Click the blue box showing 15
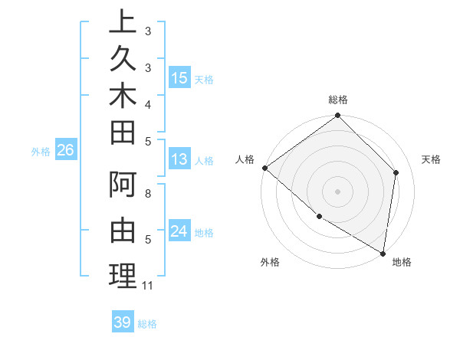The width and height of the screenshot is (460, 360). (179, 78)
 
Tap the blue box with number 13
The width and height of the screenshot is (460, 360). (179, 159)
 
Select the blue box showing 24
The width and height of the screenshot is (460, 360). (179, 231)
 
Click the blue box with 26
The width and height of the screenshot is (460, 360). (65, 151)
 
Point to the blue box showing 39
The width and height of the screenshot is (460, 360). (122, 322)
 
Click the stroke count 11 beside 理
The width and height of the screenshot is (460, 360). (148, 286)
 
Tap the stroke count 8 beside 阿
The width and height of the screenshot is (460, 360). (148, 193)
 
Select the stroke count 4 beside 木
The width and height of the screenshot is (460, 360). (148, 104)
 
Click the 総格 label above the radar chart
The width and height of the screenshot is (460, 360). (338, 100)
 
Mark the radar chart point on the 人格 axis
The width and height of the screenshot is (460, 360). (264, 168)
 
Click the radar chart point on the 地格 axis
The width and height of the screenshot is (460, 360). (383, 252)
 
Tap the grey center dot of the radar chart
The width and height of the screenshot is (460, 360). (338, 191)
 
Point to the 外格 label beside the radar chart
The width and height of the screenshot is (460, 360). (270, 263)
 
